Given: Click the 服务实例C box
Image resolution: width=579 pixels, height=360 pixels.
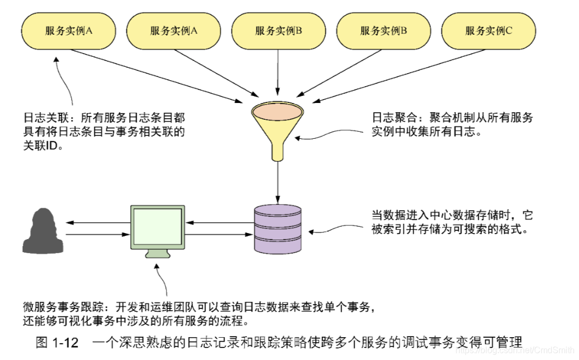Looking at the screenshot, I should click(488, 31).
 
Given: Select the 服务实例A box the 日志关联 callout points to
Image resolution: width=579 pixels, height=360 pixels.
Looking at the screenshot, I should click(68, 31).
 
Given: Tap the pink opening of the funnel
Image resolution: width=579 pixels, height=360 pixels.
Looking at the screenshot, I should click(278, 112).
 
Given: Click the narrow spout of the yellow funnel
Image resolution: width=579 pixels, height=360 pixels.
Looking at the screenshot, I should click(278, 152).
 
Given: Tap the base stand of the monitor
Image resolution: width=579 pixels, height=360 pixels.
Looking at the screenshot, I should click(158, 253).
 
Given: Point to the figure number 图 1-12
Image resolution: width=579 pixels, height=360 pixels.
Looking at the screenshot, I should click(57, 343).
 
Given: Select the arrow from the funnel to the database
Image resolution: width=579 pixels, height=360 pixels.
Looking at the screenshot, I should click(278, 182).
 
